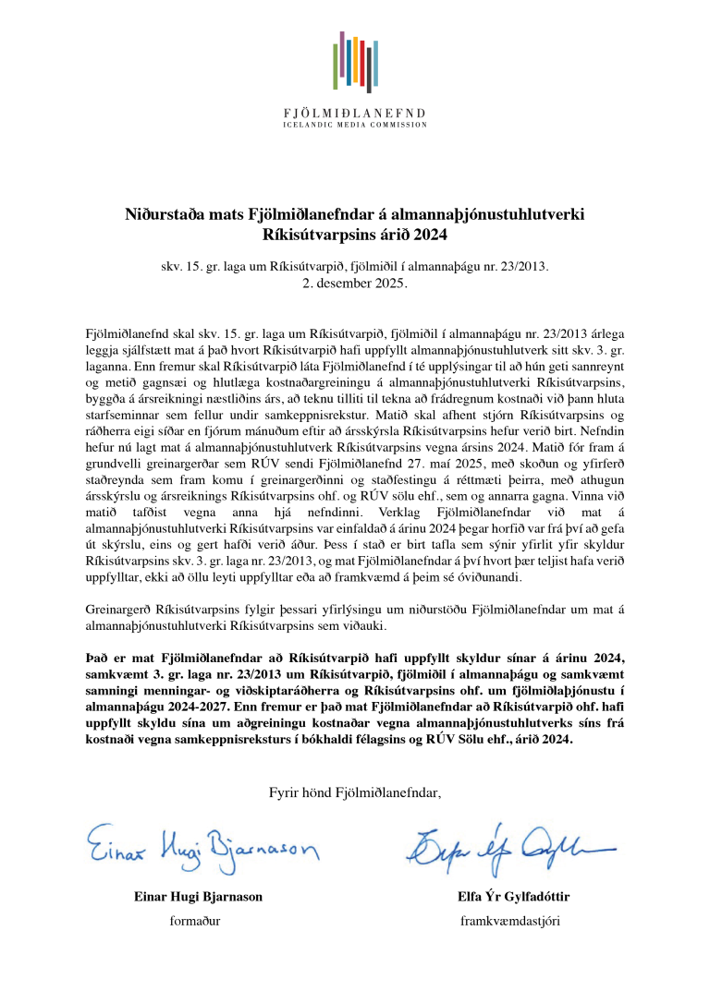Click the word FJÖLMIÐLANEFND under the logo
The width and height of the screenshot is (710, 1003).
tap(355, 113)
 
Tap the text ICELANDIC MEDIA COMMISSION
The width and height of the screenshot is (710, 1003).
tap(355, 124)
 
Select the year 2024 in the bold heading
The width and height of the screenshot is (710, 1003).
tap(430, 235)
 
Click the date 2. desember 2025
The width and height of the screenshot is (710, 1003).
tap(355, 283)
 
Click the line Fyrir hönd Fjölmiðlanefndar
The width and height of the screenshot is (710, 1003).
tap(355, 792)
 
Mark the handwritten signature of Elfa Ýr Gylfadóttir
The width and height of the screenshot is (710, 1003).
tap(504, 842)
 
